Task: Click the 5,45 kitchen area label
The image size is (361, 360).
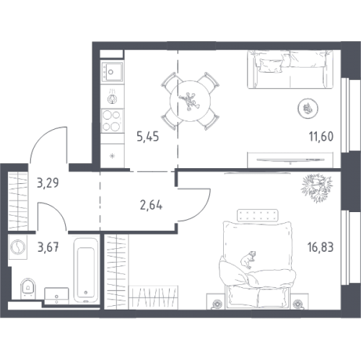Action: point(148,137)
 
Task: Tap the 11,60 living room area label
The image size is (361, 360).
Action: point(321,136)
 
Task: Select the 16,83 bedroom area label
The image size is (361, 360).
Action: point(321,247)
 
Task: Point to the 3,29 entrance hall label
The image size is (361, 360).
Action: point(48,183)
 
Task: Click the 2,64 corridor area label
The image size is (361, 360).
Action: point(151,206)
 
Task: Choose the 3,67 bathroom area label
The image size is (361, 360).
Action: point(48,247)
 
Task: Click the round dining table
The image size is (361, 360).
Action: point(191,100)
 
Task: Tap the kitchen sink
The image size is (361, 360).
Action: point(112,71)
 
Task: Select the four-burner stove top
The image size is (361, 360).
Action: point(112,120)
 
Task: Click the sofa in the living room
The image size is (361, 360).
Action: point(290,69)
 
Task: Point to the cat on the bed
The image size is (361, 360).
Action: point(248,259)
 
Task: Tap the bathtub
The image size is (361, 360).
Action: point(86,270)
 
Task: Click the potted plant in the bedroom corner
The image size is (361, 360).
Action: point(316,188)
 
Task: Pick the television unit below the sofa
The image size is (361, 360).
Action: point(290,159)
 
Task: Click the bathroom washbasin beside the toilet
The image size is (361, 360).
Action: point(56,296)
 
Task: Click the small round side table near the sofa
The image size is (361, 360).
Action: point(308,108)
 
